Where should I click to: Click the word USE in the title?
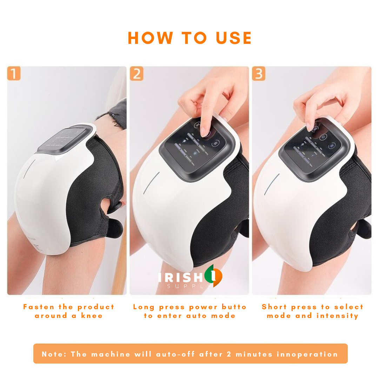click(233, 38)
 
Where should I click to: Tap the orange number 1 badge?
click(14, 74)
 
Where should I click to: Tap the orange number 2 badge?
click(137, 74)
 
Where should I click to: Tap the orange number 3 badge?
click(259, 74)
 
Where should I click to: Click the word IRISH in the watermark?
click(180, 277)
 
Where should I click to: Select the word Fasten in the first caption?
click(39, 307)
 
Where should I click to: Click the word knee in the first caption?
click(92, 316)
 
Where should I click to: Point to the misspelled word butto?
click(234, 307)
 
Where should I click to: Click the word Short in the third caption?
click(274, 307)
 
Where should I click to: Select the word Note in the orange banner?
click(53, 354)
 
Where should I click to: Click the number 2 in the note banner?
click(229, 354)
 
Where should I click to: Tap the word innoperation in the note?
click(307, 354)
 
